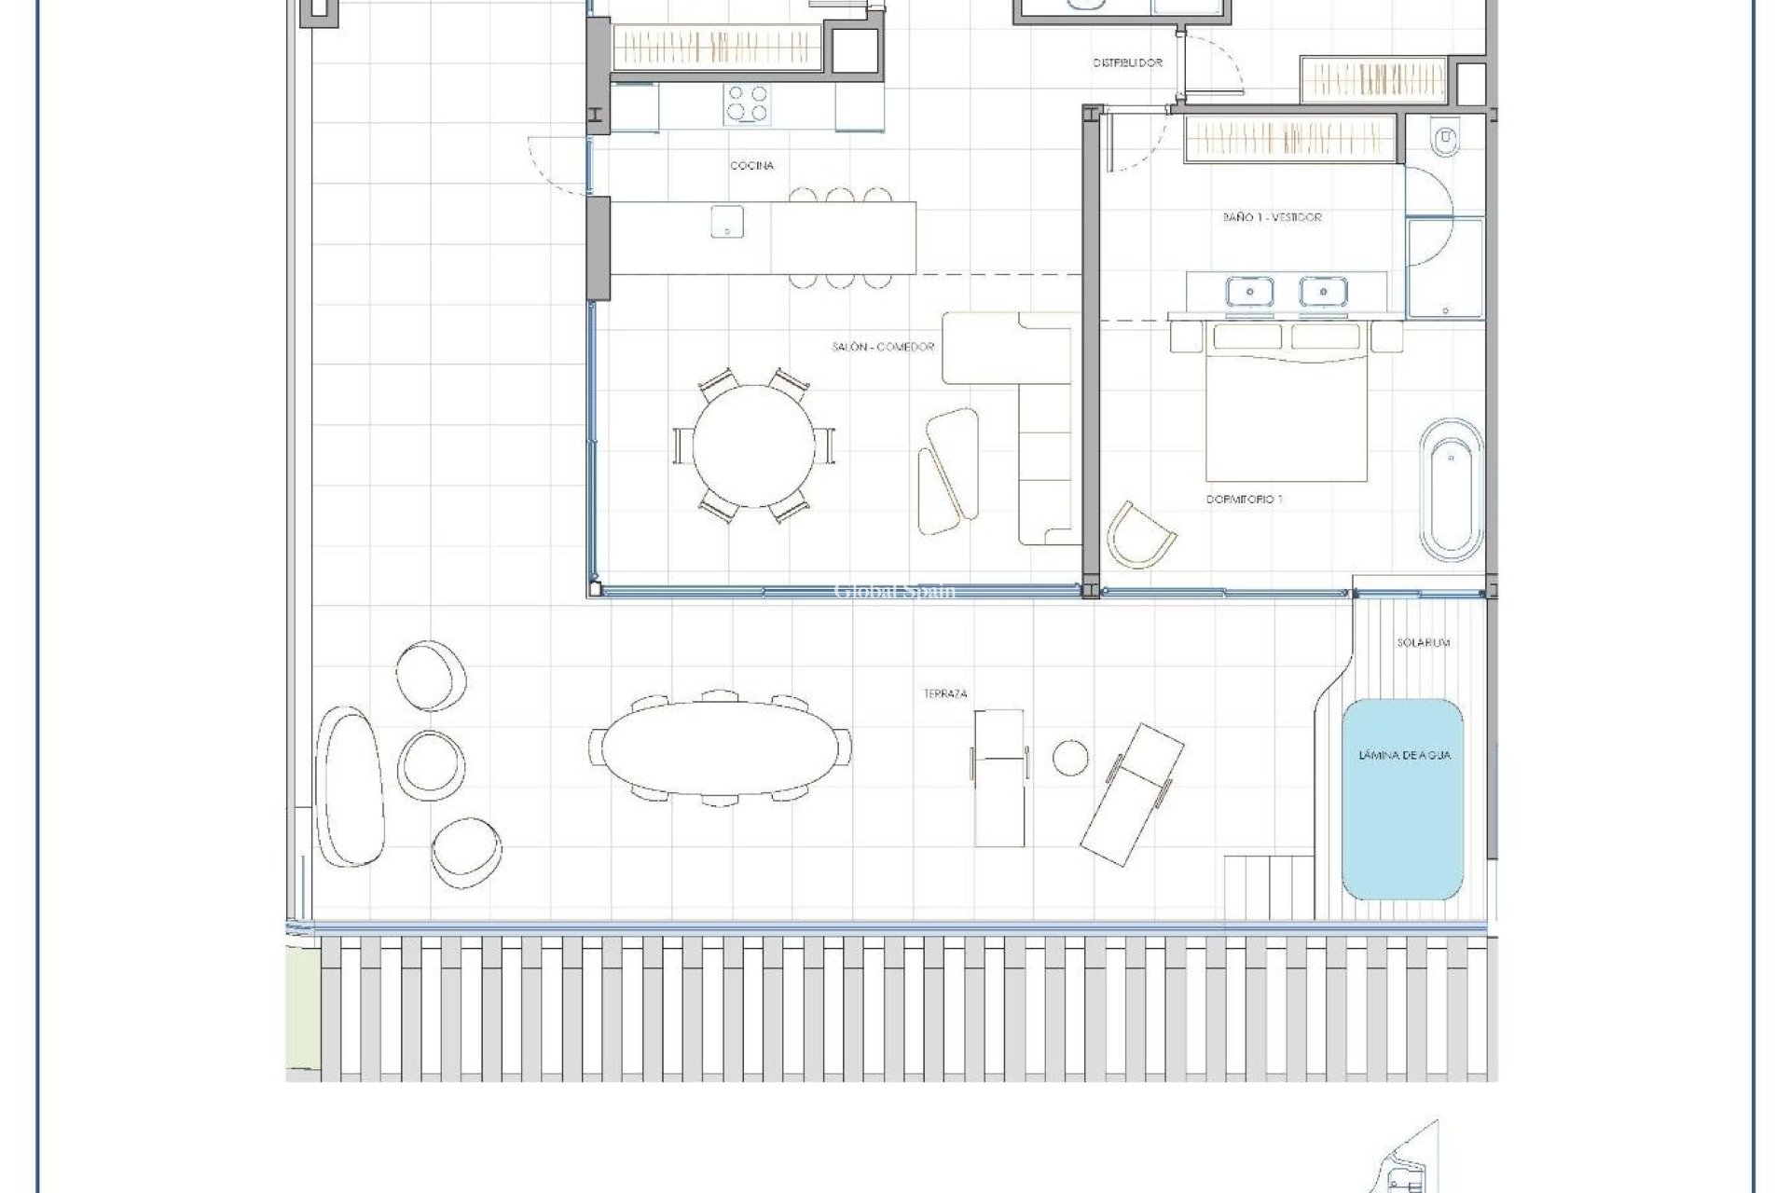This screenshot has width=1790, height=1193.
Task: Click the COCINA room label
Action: point(751,166)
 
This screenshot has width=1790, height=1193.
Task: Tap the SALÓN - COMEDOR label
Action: point(882,347)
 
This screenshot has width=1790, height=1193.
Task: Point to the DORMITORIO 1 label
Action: point(1244,500)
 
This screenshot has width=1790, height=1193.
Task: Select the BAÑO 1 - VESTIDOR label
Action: point(1272,217)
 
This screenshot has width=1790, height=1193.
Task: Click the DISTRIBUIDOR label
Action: point(1127,63)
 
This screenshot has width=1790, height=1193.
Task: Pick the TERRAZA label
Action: point(944,693)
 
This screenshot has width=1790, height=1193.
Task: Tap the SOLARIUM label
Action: point(1423,643)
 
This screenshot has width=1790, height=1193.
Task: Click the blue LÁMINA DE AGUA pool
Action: point(1402,799)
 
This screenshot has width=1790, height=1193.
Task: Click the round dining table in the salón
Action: point(753,445)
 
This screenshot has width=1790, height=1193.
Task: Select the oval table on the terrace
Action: point(721,747)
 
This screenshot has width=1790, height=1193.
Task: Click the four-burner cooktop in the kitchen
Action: point(748,103)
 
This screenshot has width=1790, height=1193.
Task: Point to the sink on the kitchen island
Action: point(727,222)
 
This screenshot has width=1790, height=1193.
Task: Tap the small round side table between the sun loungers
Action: point(1069,758)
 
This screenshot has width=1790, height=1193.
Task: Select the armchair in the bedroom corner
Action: point(1139,535)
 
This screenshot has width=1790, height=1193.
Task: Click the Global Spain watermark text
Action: point(894,591)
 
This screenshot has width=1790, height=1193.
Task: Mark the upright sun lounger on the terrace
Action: point(999,776)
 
